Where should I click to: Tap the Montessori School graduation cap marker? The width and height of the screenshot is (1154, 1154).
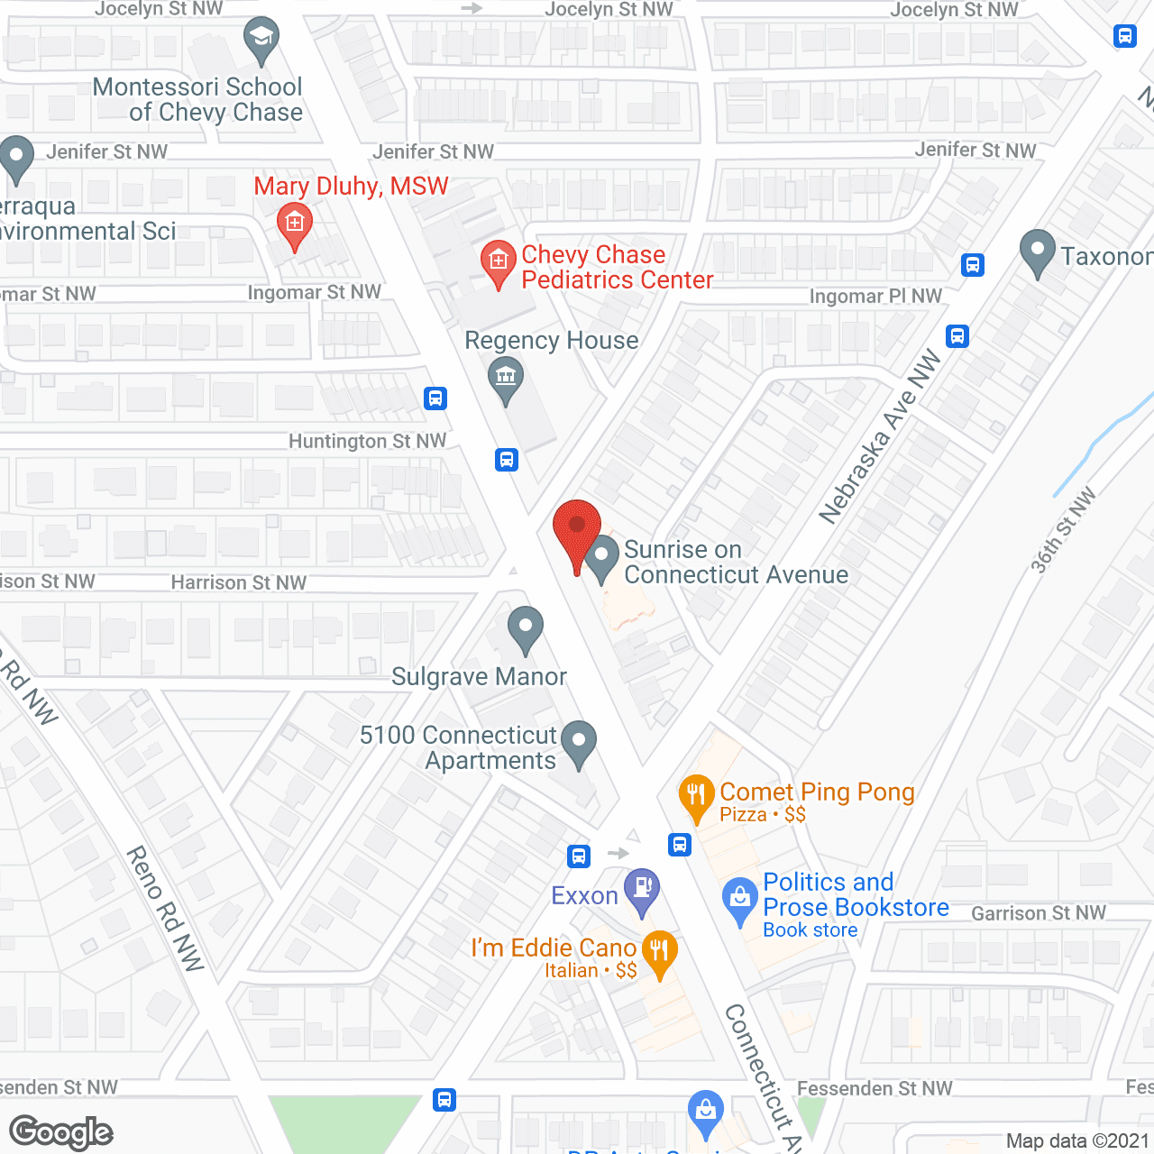coord(261,38)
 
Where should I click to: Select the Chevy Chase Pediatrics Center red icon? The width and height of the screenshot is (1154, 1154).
coord(498,261)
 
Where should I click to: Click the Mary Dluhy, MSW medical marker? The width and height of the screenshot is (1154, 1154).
coord(294,224)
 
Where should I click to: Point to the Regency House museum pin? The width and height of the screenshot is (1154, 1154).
coord(506,378)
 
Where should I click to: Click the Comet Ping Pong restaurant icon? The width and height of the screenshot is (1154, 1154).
coord(696,795)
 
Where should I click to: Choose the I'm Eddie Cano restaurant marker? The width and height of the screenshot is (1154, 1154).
coord(660,951)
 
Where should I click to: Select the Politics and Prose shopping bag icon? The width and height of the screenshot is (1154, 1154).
coord(740,899)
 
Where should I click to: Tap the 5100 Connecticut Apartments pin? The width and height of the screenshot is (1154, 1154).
coord(579,742)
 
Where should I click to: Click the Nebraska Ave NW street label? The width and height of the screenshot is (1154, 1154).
coord(879,437)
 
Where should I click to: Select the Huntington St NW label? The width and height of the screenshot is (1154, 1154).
coord(367,441)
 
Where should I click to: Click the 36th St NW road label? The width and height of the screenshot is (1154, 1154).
coord(1064,529)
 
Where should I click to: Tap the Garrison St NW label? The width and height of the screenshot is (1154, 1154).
coord(1038,913)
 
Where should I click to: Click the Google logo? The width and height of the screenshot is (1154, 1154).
coord(61,1132)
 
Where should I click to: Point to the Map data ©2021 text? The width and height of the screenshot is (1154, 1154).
coord(1077,1140)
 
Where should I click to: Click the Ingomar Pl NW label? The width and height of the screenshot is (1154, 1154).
coord(875,297)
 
